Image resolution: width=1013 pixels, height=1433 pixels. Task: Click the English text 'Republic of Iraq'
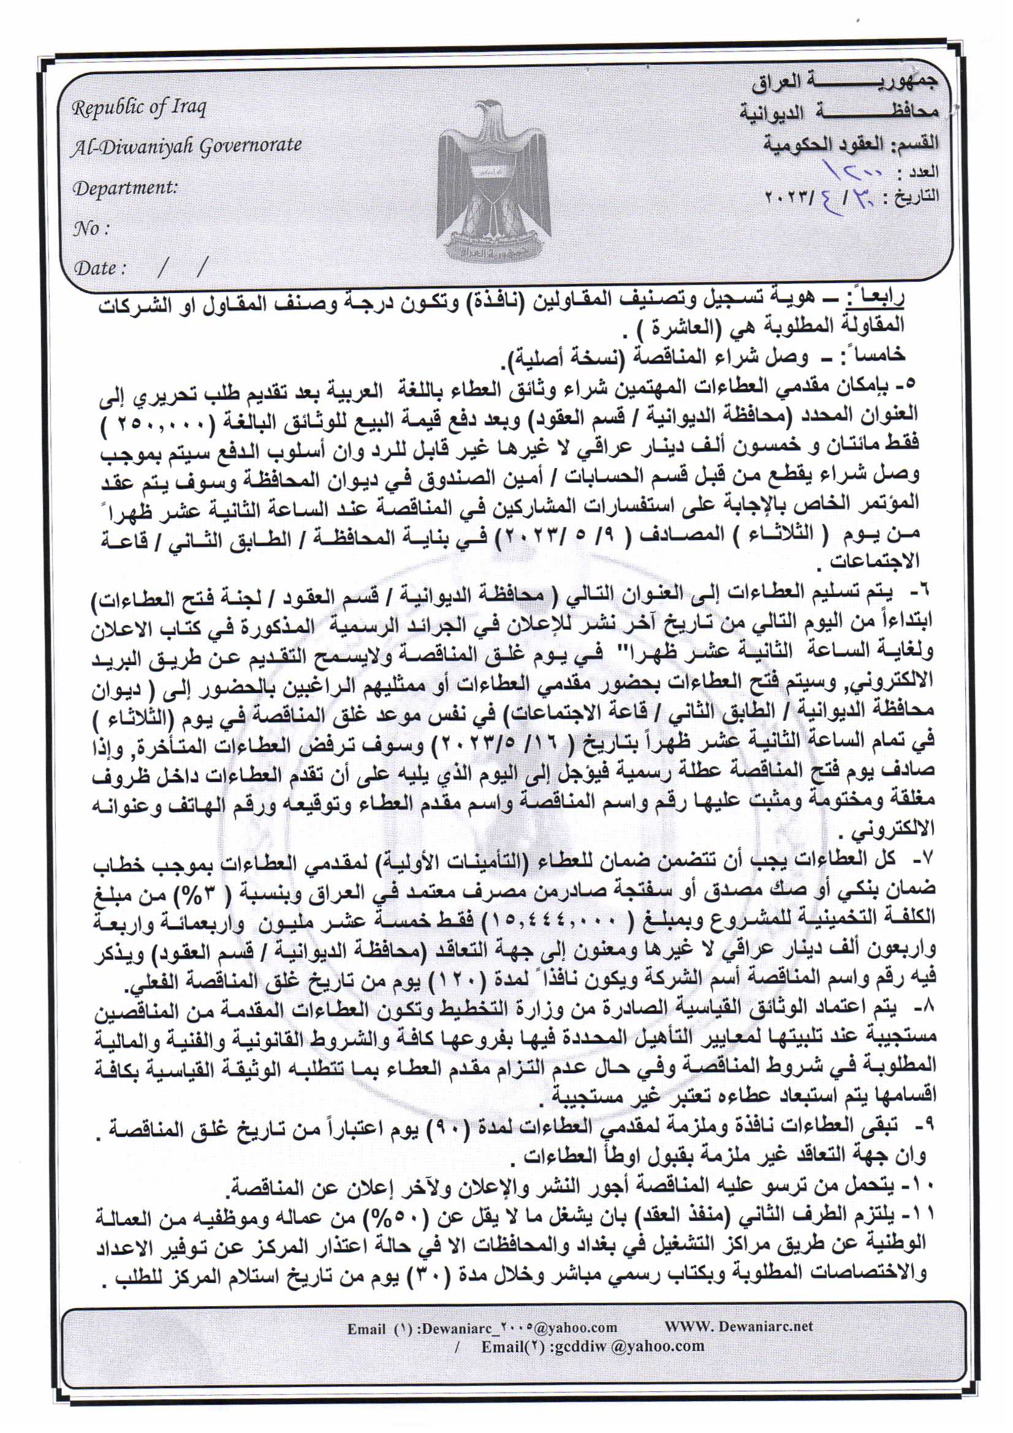click(x=138, y=108)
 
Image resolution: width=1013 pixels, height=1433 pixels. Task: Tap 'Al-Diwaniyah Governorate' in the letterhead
click(x=186, y=146)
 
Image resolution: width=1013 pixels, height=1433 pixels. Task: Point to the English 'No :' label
click(x=91, y=229)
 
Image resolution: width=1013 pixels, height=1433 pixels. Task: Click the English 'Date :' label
click(x=100, y=268)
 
